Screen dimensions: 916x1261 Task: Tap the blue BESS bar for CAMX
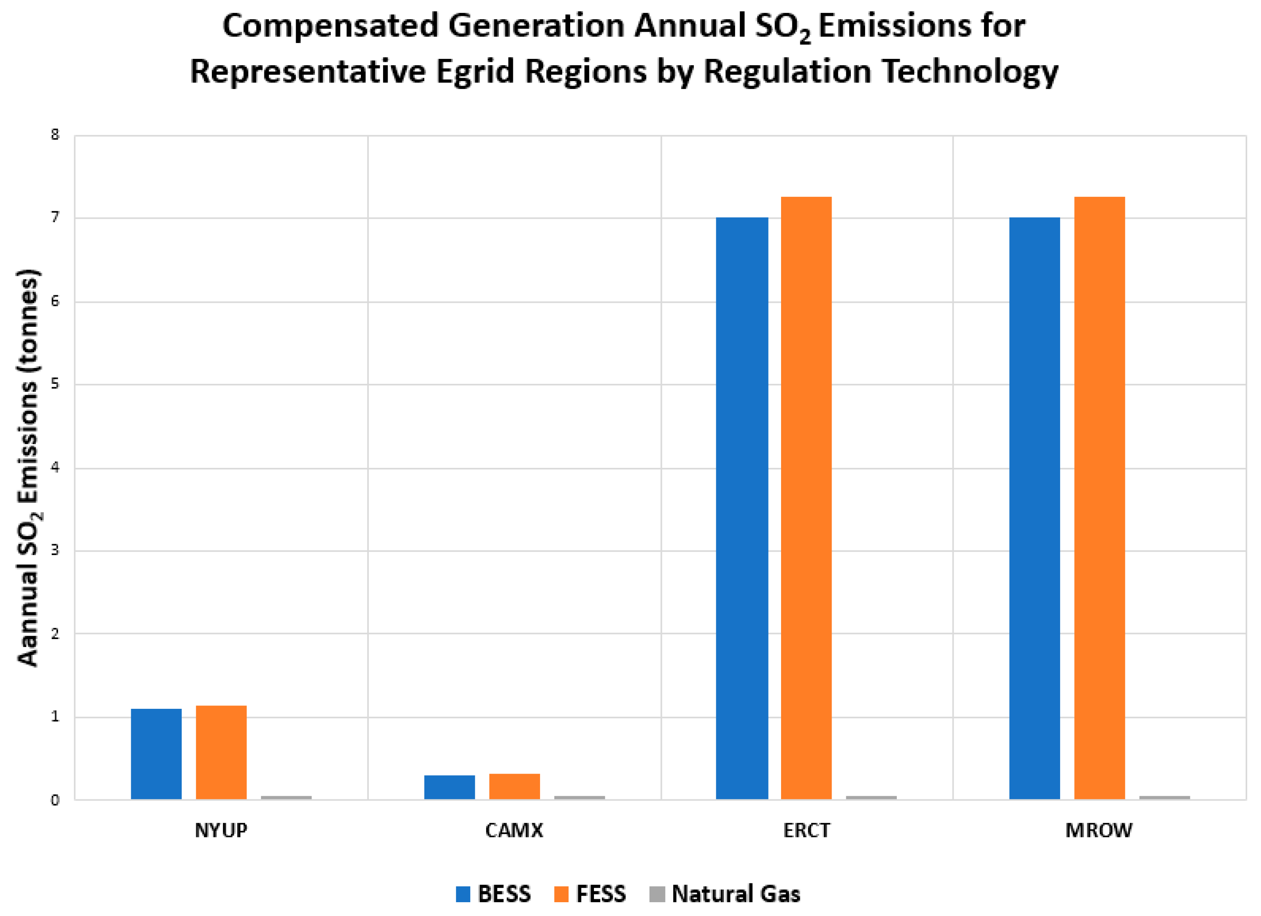(x=449, y=787)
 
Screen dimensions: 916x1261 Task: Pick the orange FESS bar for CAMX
(x=514, y=787)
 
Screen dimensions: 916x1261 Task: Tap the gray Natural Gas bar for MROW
(x=1164, y=797)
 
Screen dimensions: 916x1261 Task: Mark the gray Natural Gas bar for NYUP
(x=287, y=797)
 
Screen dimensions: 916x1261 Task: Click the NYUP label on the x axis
(x=221, y=830)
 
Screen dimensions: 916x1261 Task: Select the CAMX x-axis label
(x=514, y=830)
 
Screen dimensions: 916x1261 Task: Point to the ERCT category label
(x=806, y=830)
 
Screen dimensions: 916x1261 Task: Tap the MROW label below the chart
(x=1099, y=830)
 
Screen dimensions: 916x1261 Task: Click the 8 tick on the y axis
(x=54, y=134)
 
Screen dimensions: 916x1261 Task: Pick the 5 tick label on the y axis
(x=54, y=384)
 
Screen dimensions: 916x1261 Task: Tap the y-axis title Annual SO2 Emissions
(x=28, y=467)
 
